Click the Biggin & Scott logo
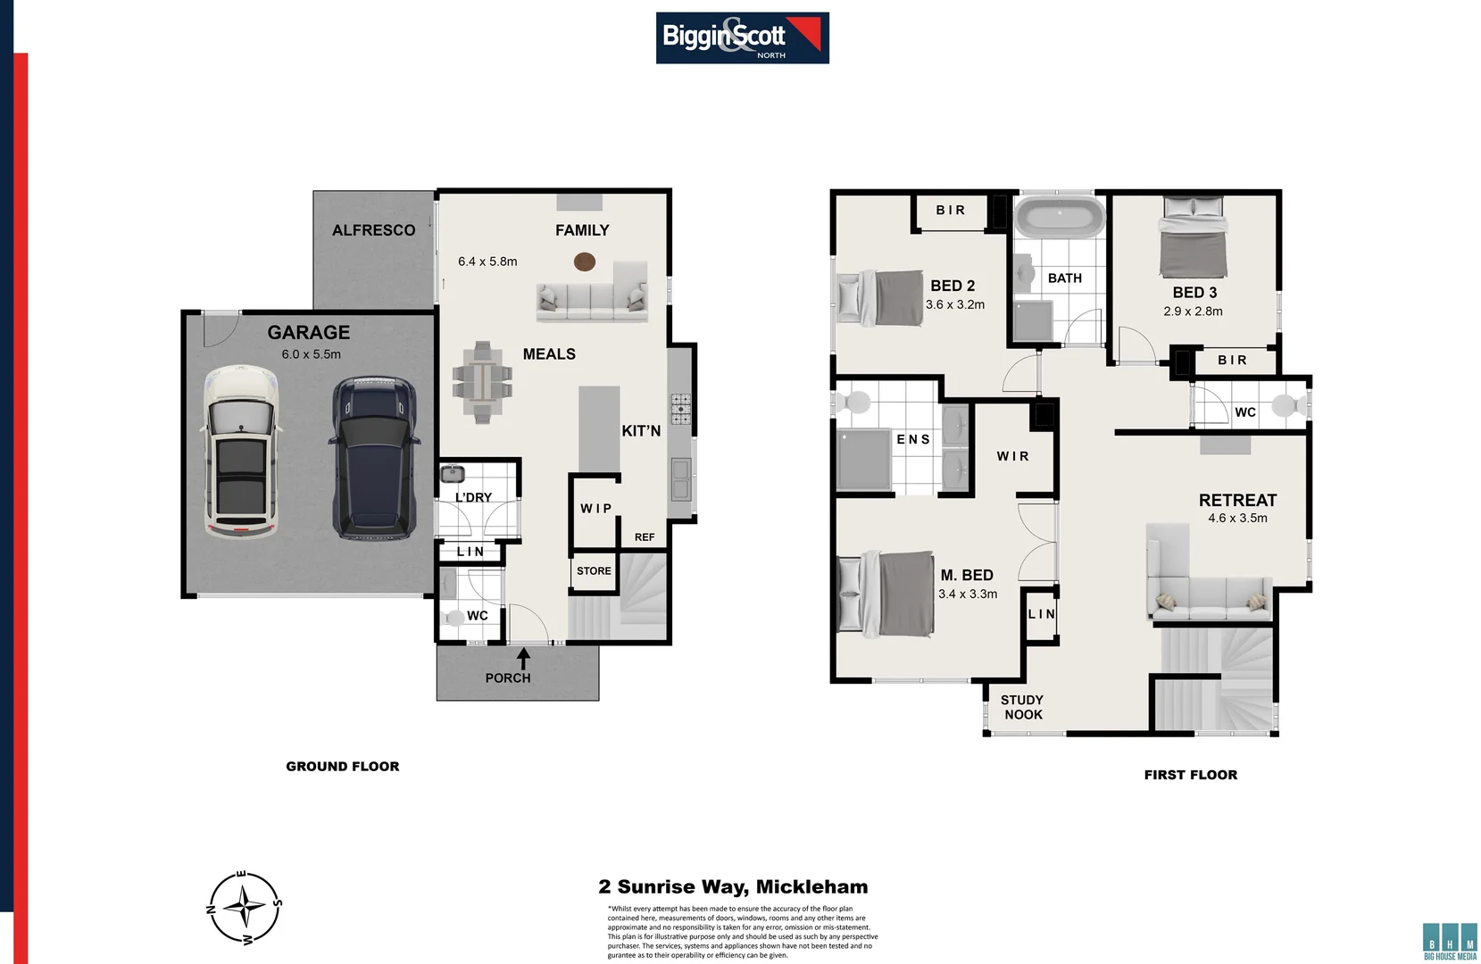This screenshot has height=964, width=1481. pyautogui.click(x=742, y=37)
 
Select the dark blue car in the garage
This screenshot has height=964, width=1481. pyautogui.click(x=373, y=459)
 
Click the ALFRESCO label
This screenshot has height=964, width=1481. pyautogui.click(x=373, y=230)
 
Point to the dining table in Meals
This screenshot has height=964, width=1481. pyautogui.click(x=482, y=383)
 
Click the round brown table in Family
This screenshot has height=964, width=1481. pyautogui.click(x=585, y=262)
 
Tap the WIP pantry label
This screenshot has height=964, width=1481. pyautogui.click(x=595, y=509)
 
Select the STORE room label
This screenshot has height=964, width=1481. pyautogui.click(x=594, y=571)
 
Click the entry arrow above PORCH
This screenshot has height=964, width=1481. pyautogui.click(x=524, y=659)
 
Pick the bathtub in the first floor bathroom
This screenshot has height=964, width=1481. pyautogui.click(x=1060, y=218)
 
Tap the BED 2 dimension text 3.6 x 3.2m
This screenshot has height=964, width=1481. pyautogui.click(x=954, y=305)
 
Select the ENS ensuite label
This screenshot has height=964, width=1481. pyautogui.click(x=913, y=439)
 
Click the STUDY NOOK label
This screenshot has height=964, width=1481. pyautogui.click(x=1022, y=707)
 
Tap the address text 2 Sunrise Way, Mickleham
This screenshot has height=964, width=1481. pyautogui.click(x=733, y=887)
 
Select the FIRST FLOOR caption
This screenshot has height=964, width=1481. pyautogui.click(x=1190, y=775)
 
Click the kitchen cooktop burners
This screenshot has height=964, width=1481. pyautogui.click(x=680, y=409)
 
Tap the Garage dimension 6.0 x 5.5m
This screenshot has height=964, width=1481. pyautogui.click(x=311, y=354)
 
